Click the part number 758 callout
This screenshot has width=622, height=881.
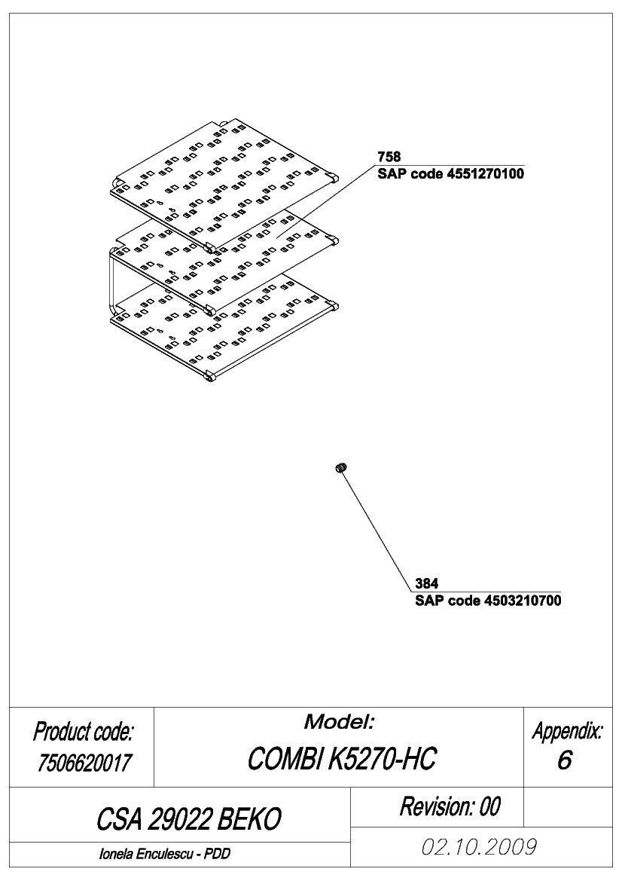coord(389,156)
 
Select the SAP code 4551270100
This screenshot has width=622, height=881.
coord(451,173)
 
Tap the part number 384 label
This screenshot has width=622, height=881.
coord(427,583)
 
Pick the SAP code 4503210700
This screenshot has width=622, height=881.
coord(488,601)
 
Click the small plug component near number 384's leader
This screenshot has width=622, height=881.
coord(341,467)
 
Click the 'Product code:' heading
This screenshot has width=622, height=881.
coord(83,732)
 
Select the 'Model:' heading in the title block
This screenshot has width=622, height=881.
coord(339,722)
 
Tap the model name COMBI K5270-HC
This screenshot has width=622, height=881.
coord(341,759)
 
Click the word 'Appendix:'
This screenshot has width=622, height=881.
coord(568,732)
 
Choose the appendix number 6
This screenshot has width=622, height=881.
coord(564,760)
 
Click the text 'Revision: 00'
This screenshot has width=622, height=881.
coord(450,806)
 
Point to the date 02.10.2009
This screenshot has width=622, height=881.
coord(479,847)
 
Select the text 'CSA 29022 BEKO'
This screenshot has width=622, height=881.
coord(188,819)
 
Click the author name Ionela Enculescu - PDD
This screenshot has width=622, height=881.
coord(164,854)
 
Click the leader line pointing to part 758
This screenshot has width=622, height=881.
coord(325,202)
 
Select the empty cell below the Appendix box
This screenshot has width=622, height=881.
coord(568,807)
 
